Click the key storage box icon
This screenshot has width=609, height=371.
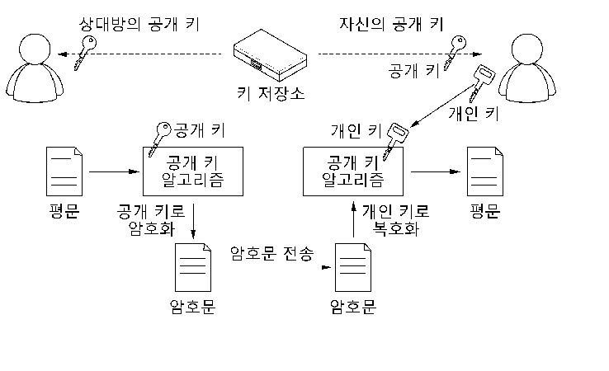tap(270, 55)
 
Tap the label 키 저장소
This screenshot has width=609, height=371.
tap(271, 94)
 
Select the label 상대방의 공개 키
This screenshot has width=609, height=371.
tap(139, 25)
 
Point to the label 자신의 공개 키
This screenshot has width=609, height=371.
tap(391, 24)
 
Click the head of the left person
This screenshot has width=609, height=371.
tap(35, 49)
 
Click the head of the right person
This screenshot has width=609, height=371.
tap(527, 49)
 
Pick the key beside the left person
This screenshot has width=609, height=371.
tap(85, 52)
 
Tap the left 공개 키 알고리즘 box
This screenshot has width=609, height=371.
tap(193, 171)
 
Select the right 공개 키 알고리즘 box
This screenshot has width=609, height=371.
tap(353, 171)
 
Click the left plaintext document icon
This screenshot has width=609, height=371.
tap(64, 171)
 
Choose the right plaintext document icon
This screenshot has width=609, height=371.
tap(485, 171)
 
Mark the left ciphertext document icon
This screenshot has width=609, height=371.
tap(193, 267)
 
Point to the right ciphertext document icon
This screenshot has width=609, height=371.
tap(353, 267)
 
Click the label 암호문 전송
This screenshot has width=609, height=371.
tap(271, 254)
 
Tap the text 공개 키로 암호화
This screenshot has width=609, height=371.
tap(151, 219)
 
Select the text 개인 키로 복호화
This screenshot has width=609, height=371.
tap(396, 219)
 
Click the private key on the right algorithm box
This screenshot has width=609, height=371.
tap(395, 140)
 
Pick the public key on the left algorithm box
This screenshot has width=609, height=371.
tap(159, 139)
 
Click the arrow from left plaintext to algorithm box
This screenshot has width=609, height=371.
tap(114, 171)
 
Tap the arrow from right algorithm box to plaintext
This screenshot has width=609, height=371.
tap(436, 171)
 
